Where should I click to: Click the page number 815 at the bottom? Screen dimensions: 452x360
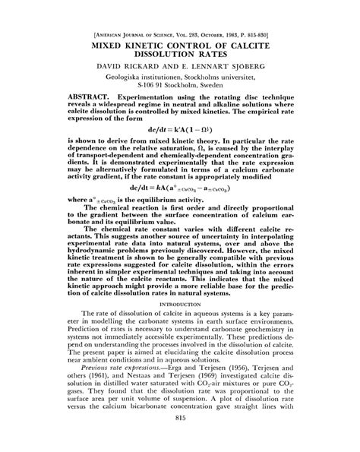[180, 439]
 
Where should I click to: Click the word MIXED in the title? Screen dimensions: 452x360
[113, 45]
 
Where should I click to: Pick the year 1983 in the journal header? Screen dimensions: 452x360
[226, 34]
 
